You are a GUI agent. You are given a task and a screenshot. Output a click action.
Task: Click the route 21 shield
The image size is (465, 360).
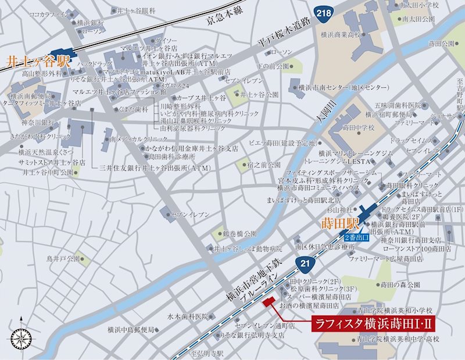point(305,264)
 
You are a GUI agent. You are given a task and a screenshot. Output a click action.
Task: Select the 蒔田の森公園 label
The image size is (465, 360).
point(399,284)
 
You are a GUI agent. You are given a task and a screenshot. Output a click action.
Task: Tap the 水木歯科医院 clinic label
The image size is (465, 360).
point(187,317)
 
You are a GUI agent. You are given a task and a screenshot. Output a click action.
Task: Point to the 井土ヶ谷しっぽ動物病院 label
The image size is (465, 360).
point(248,248)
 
